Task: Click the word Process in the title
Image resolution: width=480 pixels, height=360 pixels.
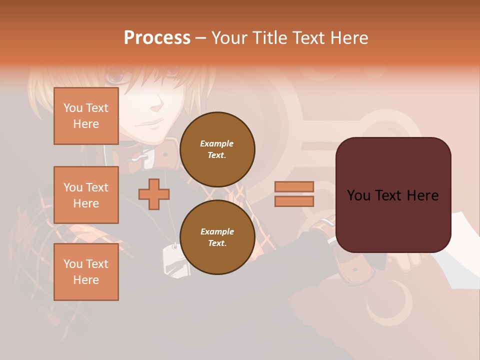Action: pyautogui.click(x=157, y=38)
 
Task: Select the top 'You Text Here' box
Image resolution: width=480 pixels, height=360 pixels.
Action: pyautogui.click(x=86, y=116)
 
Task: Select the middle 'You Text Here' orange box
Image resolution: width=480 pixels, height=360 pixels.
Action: pyautogui.click(x=86, y=195)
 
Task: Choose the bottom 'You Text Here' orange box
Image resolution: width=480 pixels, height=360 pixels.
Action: pyautogui.click(x=86, y=272)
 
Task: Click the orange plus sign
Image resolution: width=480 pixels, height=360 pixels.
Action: pyautogui.click(x=154, y=194)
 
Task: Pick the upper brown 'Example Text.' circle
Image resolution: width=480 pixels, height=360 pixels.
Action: pyautogui.click(x=217, y=149)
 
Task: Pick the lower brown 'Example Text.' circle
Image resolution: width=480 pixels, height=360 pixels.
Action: pyautogui.click(x=217, y=237)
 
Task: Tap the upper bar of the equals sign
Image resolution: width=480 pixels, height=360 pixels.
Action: pyautogui.click(x=294, y=186)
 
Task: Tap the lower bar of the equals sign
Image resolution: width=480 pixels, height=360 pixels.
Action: pyautogui.click(x=294, y=201)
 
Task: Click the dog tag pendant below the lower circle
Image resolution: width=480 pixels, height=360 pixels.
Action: pyautogui.click(x=176, y=260)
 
